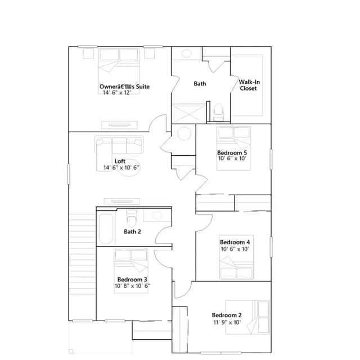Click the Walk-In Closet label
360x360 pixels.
pos(249,85)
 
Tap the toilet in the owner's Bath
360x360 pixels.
pos(218,112)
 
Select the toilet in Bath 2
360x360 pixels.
pos(132,218)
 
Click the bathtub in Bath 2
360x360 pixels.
pos(106,229)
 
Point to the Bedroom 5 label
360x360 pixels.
pos(232,152)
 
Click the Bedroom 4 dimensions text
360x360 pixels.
pos(235,249)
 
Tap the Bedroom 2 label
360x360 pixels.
pos(227,315)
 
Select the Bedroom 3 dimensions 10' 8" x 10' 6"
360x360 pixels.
pos(133,286)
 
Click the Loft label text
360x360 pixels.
pos(120,161)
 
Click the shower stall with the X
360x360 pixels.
pos(189,114)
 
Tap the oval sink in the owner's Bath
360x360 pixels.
pos(186,53)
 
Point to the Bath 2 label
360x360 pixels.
pos(133,232)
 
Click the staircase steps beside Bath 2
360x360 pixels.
pos(82,254)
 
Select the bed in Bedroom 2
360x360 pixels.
pos(247,317)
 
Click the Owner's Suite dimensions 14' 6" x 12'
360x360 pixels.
pos(117,92)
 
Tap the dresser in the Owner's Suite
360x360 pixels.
pos(119,125)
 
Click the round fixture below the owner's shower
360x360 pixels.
pos(184,133)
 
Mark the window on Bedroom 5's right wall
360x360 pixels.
pos(271,159)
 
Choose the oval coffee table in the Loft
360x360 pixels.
pos(129,168)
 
